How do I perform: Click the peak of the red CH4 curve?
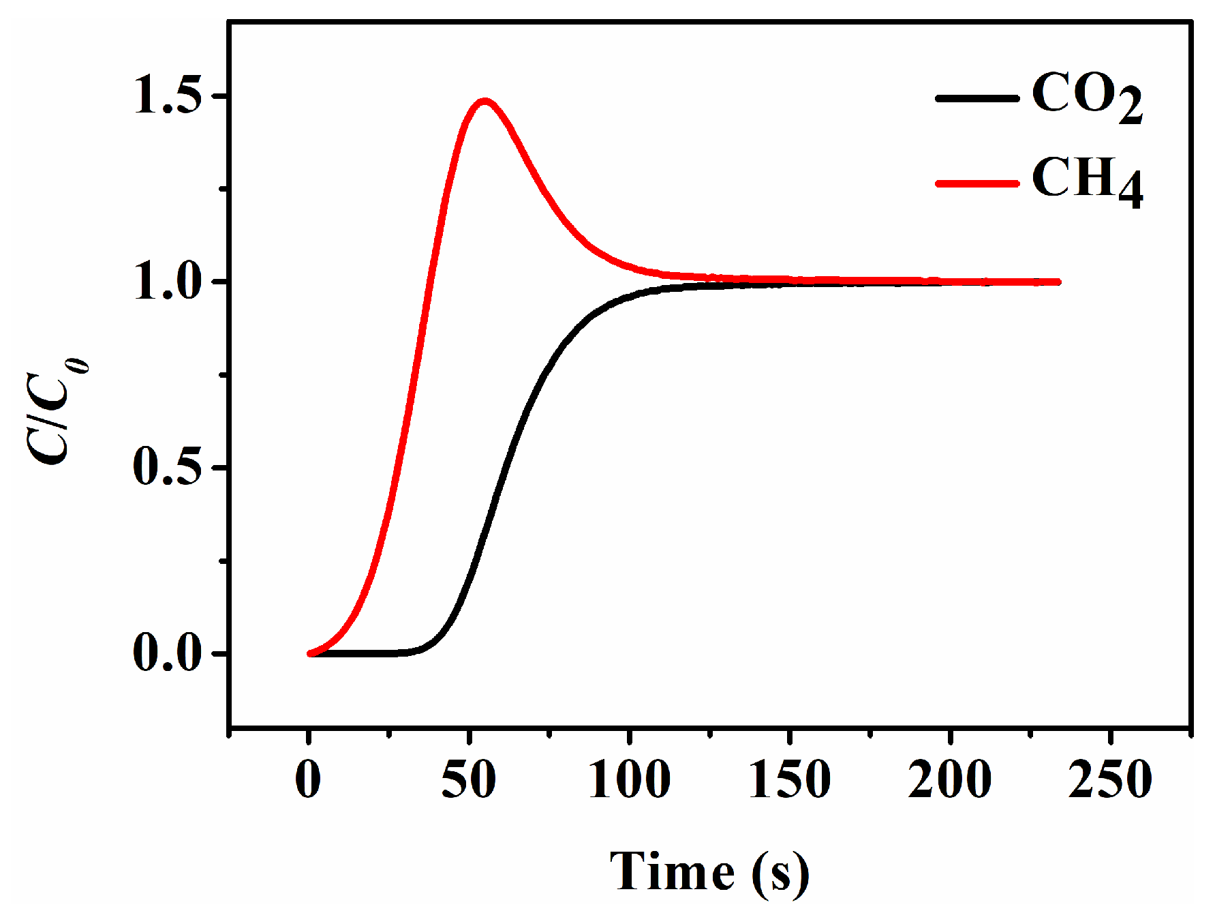[485, 102]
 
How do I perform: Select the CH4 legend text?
[1086, 181]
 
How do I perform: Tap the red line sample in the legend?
[976, 183]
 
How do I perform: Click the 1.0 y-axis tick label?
[168, 281]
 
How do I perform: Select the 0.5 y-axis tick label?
[168, 467]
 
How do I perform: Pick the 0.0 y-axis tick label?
[168, 653]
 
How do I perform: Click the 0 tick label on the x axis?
[308, 779]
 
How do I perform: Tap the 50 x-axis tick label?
[469, 779]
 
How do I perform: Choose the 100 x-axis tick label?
[629, 779]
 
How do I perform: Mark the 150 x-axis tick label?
[789, 779]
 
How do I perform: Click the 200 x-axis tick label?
[949, 779]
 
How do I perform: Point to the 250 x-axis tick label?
[1110, 779]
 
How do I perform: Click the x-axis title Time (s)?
[709, 872]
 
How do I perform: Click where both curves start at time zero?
[311, 653]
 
